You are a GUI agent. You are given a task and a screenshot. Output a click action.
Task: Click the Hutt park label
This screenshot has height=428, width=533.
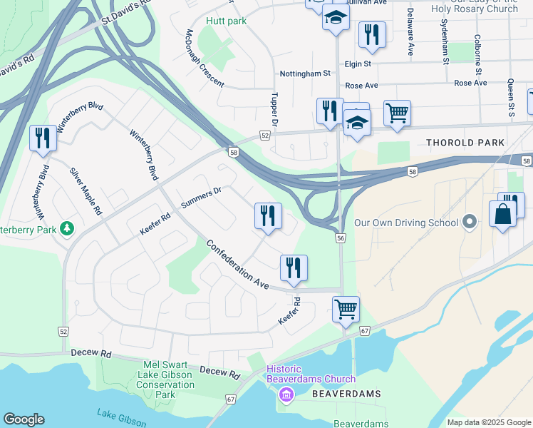pyautogui.click(x=226, y=21)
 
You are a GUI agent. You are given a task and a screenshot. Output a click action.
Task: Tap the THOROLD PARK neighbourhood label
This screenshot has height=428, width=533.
pyautogui.click(x=465, y=143)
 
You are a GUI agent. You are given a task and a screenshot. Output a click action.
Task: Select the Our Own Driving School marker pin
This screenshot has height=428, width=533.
pyautogui.click(x=469, y=223)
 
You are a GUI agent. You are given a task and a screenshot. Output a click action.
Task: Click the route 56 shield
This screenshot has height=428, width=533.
pyautogui.click(x=341, y=238)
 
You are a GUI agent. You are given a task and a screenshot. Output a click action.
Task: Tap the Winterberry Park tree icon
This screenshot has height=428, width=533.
pyautogui.click(x=66, y=229)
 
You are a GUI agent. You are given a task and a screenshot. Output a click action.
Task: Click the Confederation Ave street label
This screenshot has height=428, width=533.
pyautogui.click(x=237, y=264)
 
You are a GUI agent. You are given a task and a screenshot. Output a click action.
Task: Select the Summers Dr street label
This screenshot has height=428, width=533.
pyautogui.click(x=201, y=197)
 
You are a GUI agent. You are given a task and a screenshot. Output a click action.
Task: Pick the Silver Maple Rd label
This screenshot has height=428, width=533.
pyautogui.click(x=86, y=192)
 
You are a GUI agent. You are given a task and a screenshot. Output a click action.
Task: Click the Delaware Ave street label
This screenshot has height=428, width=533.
pyautogui.click(x=410, y=32)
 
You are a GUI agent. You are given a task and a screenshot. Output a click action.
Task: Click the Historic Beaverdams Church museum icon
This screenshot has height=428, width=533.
pyautogui.click(x=286, y=394)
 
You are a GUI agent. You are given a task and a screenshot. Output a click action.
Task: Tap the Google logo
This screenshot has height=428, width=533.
pyautogui.click(x=24, y=419)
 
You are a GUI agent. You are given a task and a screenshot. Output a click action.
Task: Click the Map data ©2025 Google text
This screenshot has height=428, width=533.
pyautogui.click(x=488, y=422)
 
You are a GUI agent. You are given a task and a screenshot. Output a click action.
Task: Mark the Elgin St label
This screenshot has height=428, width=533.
pyautogui.click(x=358, y=63)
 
